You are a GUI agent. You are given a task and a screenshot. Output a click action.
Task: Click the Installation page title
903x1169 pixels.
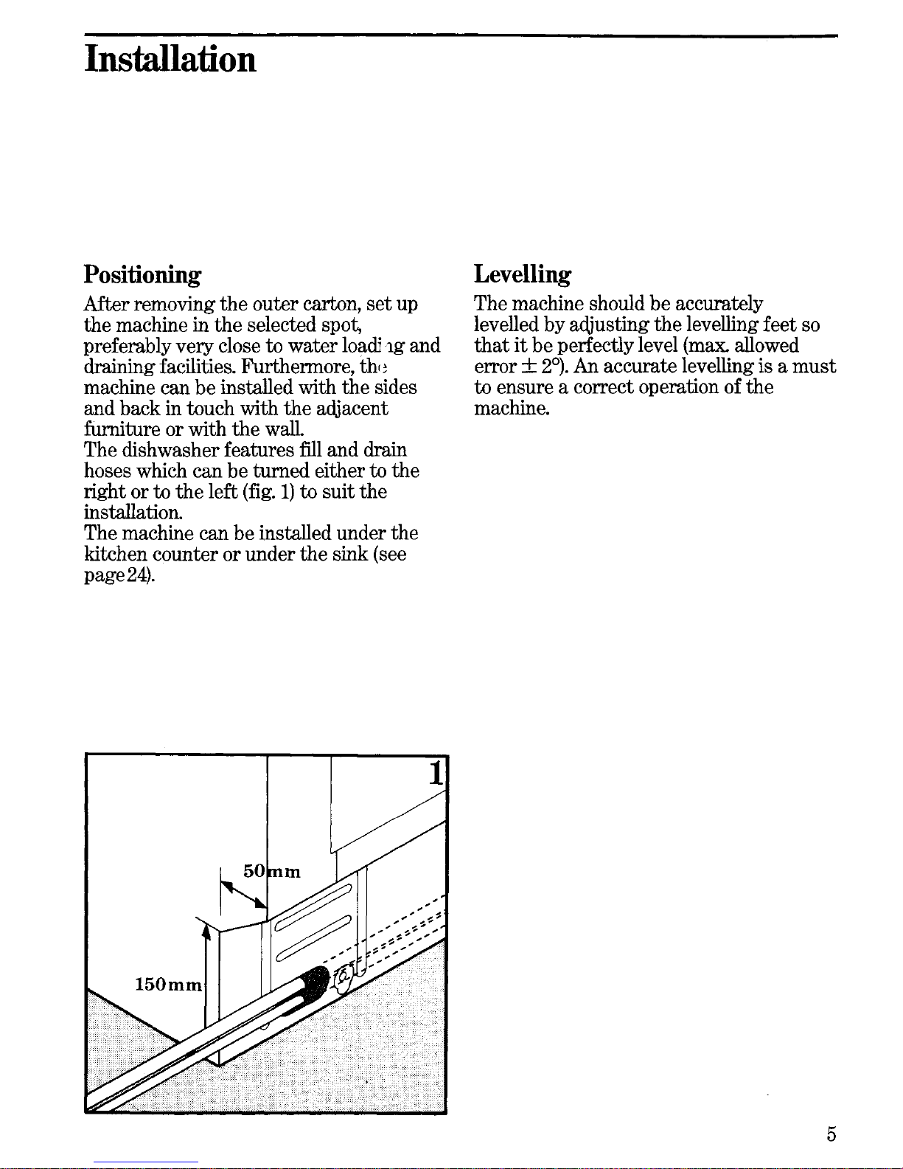click(x=170, y=59)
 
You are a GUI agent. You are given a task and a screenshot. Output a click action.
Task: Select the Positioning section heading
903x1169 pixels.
click(x=142, y=275)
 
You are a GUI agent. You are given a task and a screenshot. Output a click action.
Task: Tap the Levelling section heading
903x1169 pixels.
click(x=522, y=275)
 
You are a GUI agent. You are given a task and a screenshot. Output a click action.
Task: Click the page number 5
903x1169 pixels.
click(x=831, y=1134)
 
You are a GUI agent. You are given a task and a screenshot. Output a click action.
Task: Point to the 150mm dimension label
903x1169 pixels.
click(x=168, y=985)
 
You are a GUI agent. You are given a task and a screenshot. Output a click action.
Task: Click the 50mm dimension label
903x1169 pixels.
click(x=272, y=872)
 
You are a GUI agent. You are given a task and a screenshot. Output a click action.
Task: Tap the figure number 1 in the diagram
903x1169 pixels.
click(x=436, y=774)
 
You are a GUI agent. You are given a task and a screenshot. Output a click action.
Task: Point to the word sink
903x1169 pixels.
click(x=350, y=554)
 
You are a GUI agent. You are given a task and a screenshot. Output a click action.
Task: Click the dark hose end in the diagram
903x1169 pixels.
click(x=317, y=982)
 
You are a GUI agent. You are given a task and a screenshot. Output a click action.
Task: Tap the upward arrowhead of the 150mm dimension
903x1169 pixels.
click(x=207, y=933)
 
